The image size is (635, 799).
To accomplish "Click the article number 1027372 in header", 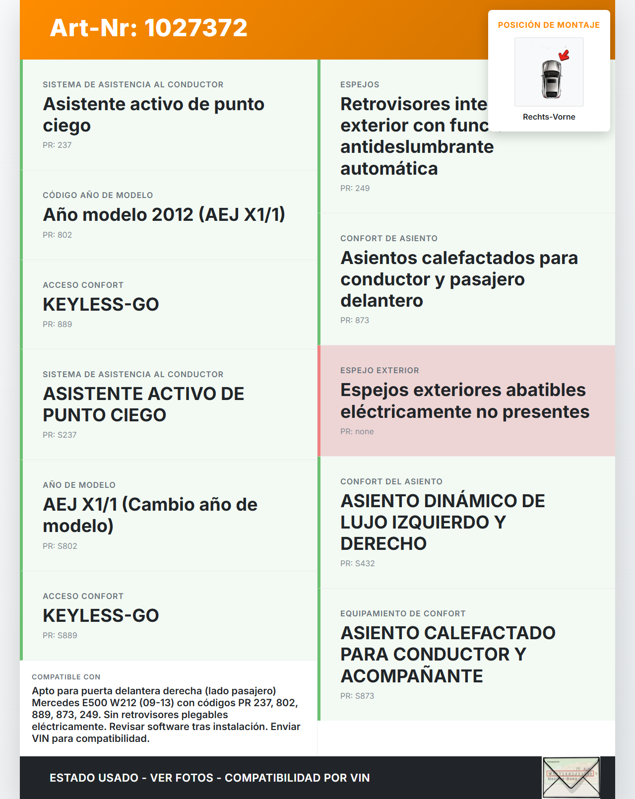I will pos(195,28).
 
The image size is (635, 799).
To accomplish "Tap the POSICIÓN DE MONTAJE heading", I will pos(549,25).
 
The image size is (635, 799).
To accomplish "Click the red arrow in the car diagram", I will pos(564,55).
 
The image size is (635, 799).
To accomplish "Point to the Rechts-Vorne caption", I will pos(549,117).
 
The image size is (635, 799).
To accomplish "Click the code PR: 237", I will pos(57,145).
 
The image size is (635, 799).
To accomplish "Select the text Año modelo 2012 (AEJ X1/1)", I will pos(164,214).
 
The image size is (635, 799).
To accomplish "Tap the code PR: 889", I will pos(57,324).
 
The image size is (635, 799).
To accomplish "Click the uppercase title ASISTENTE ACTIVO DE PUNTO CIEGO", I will pos(143,404).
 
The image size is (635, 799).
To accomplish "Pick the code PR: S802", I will pos(60,546).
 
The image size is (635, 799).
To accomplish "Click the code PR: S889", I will pos(60,635).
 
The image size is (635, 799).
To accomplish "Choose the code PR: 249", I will pos(355,188).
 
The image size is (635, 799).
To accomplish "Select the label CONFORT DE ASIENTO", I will pos(388,238).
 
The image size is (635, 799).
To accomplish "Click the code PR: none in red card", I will pos(357,431).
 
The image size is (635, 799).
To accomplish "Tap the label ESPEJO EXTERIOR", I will pos(380,370).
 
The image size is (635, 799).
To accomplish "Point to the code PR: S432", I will pos(357,563).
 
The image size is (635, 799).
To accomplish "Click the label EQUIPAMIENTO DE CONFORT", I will pos(402,613).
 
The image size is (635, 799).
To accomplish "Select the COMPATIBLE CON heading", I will pos(66,677).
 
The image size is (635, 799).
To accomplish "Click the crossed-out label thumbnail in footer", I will pos(571,777).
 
